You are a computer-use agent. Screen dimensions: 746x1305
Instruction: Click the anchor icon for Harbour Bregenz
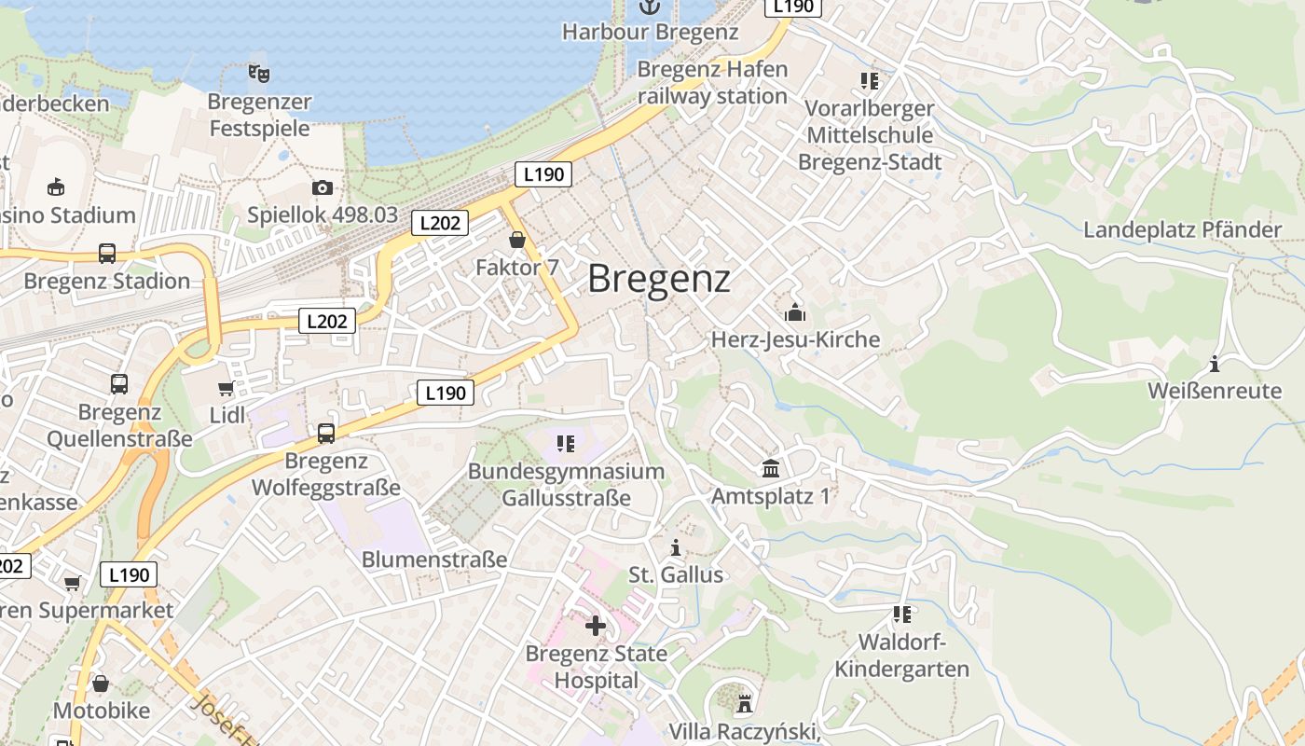[649, 7]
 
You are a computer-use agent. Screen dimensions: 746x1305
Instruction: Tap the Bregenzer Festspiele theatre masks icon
[259, 73]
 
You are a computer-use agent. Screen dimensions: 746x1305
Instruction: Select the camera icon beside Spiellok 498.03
[323, 187]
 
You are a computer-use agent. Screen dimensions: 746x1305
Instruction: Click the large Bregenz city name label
[659, 278]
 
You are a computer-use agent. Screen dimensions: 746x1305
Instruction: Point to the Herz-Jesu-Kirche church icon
[795, 312]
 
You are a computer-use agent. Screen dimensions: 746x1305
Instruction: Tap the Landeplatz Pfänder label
[1182, 229]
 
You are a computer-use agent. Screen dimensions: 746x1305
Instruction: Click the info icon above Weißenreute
[1215, 364]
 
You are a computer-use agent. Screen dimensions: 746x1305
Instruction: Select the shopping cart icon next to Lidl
[226, 388]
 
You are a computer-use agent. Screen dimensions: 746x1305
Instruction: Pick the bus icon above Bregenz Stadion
[107, 254]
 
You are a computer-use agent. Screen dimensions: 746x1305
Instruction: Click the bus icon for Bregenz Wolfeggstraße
[326, 433]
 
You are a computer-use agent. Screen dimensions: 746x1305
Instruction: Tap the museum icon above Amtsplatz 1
[771, 468]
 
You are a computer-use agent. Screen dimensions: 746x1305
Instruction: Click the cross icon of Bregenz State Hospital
[596, 625]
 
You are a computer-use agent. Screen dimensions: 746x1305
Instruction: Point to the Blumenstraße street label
[434, 559]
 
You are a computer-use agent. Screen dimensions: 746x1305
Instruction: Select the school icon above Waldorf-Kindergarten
[901, 615]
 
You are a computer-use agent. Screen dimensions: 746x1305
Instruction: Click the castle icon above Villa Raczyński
[744, 702]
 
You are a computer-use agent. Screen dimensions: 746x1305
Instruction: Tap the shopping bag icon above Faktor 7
[517, 241]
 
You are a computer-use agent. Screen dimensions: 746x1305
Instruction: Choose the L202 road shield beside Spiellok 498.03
[440, 223]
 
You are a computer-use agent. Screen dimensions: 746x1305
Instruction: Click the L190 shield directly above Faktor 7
[543, 173]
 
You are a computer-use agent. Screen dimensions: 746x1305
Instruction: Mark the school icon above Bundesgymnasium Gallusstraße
[566, 444]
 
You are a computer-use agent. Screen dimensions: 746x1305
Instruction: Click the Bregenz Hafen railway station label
[713, 82]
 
